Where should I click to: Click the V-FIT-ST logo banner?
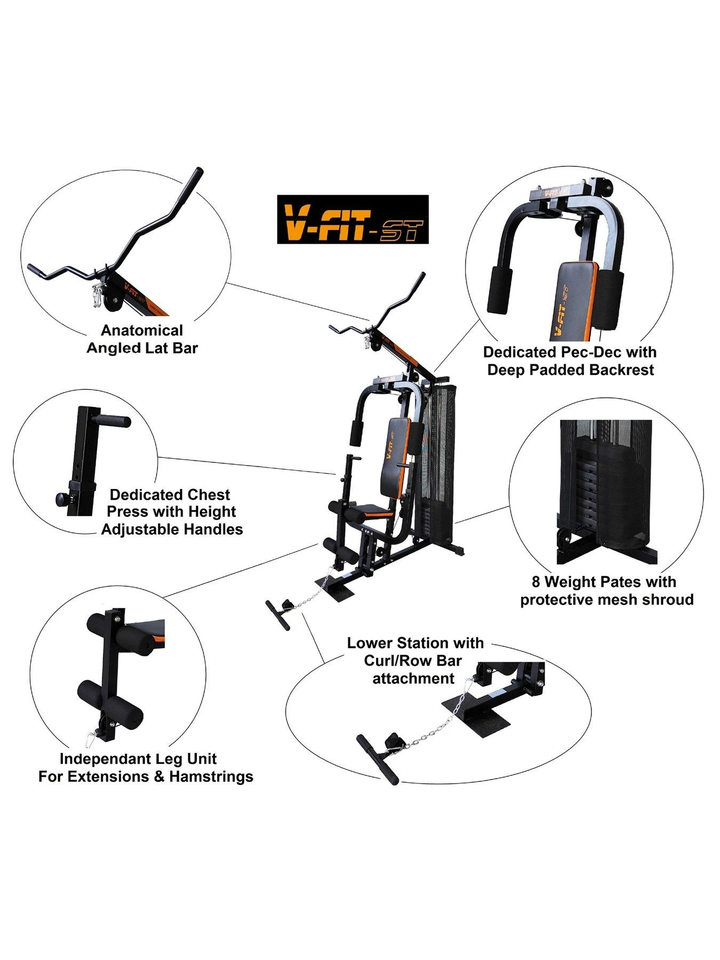[353, 219]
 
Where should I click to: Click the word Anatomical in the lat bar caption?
[142, 330]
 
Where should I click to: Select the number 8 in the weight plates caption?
[536, 581]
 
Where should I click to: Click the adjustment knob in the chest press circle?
[62, 499]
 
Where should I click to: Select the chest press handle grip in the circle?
[112, 422]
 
